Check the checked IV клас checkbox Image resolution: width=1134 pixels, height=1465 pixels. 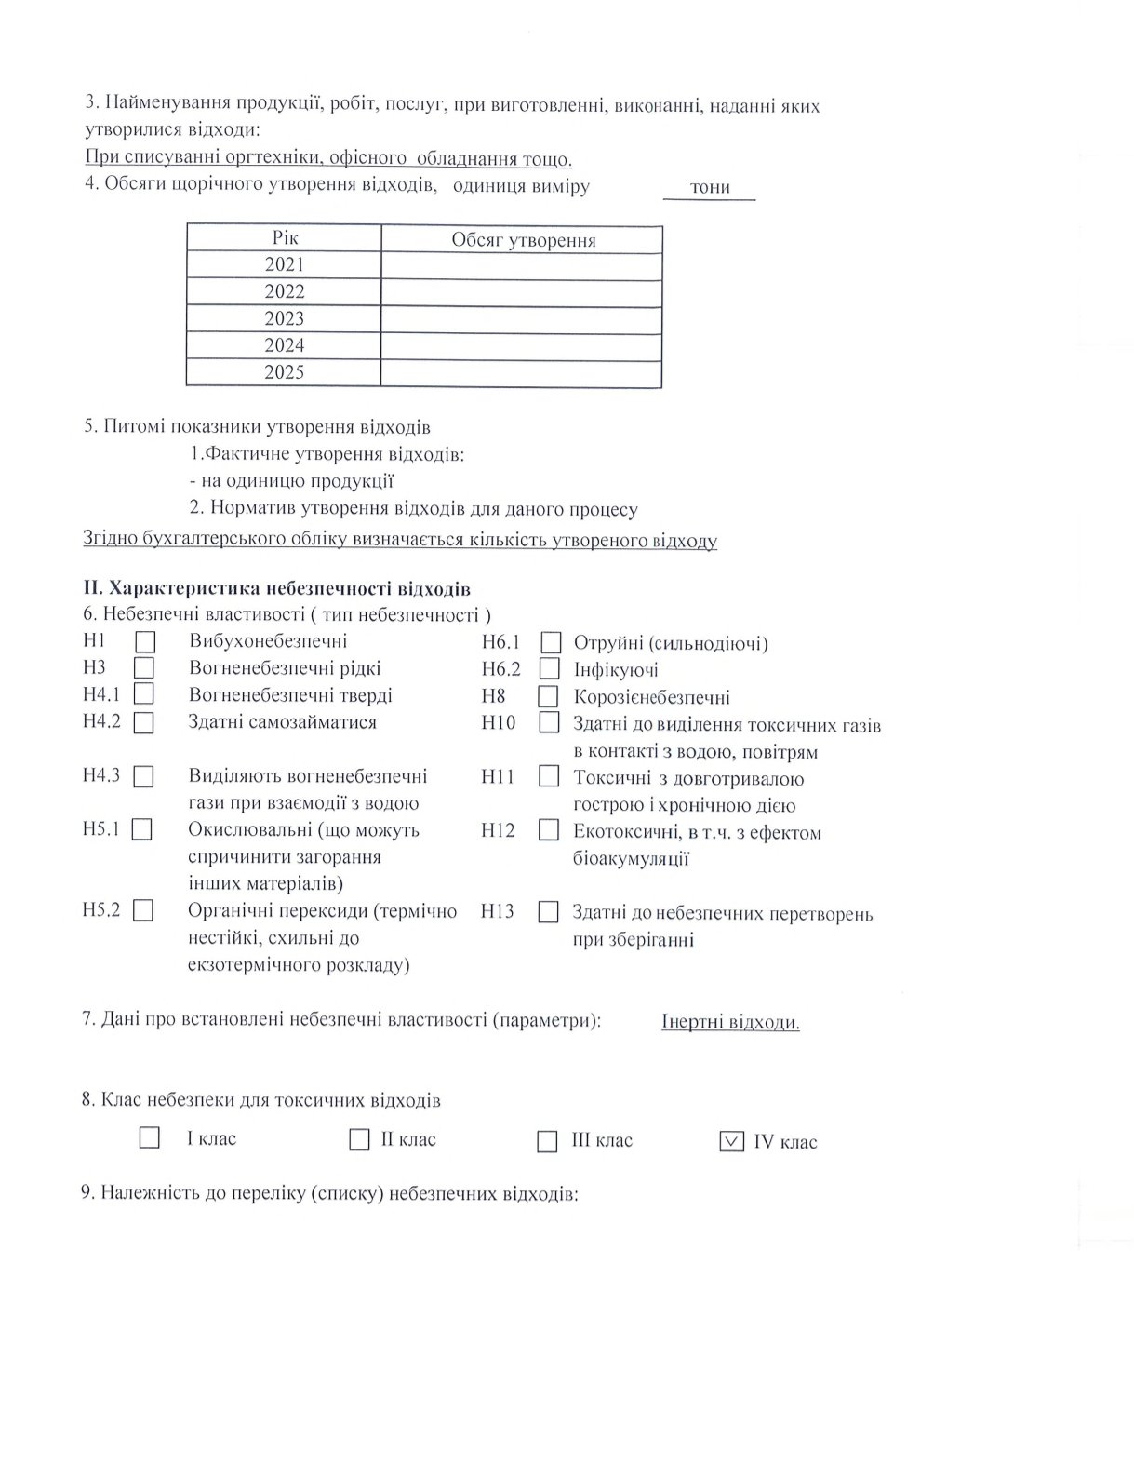(x=731, y=1141)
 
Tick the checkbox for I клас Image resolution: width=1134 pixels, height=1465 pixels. (x=149, y=1137)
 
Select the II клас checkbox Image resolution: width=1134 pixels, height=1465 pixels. (x=359, y=1139)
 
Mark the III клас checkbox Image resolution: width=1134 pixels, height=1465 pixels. (x=547, y=1141)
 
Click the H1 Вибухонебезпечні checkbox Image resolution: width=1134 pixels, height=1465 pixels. (x=144, y=642)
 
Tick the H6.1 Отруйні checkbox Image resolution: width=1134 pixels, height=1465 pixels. (x=552, y=643)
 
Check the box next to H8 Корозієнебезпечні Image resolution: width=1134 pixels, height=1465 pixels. (x=548, y=696)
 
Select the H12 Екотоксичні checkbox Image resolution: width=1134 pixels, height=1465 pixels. (x=549, y=829)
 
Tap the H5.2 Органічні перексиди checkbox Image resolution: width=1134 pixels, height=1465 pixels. (x=143, y=910)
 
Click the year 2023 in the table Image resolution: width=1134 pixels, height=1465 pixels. (x=284, y=318)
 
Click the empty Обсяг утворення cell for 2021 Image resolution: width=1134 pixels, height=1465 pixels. (x=521, y=265)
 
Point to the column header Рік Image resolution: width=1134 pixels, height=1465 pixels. (x=284, y=238)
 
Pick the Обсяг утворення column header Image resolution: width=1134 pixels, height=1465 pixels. (x=523, y=240)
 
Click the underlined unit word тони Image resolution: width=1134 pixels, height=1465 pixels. (x=710, y=188)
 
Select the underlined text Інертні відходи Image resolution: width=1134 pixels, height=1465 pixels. (x=730, y=1022)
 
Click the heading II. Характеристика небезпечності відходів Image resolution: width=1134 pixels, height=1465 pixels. (x=276, y=589)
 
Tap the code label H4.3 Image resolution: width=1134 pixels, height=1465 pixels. (x=100, y=775)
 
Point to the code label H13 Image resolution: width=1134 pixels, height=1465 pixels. (x=498, y=911)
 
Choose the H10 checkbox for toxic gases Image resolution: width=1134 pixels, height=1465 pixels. (x=549, y=722)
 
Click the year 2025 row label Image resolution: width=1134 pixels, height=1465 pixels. (x=284, y=372)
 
